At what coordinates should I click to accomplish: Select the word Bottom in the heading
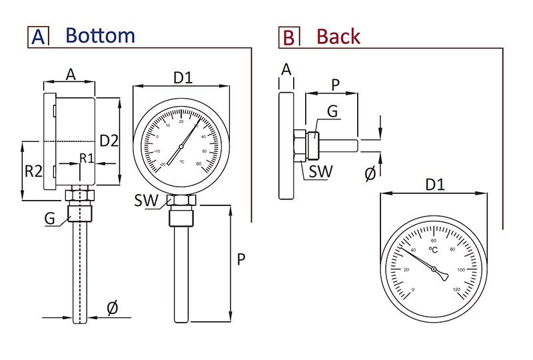100,35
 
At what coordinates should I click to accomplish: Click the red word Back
338,36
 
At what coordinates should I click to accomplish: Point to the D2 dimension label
109,141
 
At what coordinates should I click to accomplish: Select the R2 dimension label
34,171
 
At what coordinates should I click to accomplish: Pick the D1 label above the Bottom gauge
183,77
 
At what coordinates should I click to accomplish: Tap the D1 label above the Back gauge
434,183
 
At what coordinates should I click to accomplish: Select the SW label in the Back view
321,171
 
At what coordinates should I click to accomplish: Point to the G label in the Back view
331,112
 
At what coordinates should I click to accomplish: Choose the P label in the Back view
335,84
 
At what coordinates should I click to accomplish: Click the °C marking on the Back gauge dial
433,250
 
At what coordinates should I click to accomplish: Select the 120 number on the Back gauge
456,289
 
